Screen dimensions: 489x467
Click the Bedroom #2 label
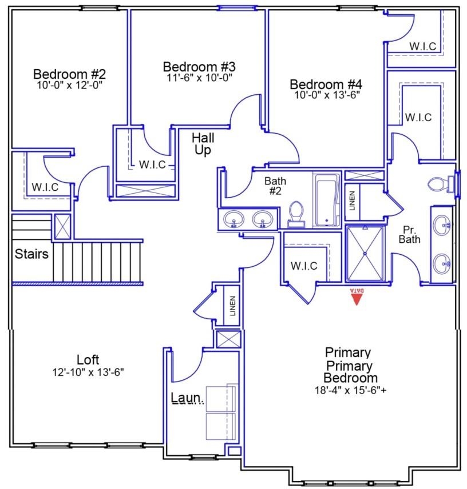[x=69, y=74]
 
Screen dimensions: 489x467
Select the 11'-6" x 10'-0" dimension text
[x=199, y=77]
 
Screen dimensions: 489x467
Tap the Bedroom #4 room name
[x=327, y=84]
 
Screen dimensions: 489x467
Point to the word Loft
[x=88, y=360]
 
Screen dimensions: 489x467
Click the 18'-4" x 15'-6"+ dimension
[x=350, y=390]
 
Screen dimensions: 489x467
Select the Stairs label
[x=31, y=254]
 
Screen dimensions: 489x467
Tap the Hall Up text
[x=203, y=144]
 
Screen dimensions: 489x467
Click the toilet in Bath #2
[x=296, y=214]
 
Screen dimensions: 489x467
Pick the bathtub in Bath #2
[x=327, y=200]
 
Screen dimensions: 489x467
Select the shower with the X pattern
[x=365, y=254]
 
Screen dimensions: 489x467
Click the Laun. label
[x=187, y=397]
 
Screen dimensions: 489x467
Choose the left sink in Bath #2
[x=233, y=218]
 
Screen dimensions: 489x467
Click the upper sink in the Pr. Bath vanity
[x=442, y=225]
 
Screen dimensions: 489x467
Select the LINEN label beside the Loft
[x=232, y=307]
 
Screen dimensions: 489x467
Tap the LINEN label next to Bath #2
[x=352, y=201]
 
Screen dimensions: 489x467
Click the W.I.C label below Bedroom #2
[x=45, y=187]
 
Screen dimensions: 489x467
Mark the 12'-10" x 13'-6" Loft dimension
[x=88, y=372]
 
